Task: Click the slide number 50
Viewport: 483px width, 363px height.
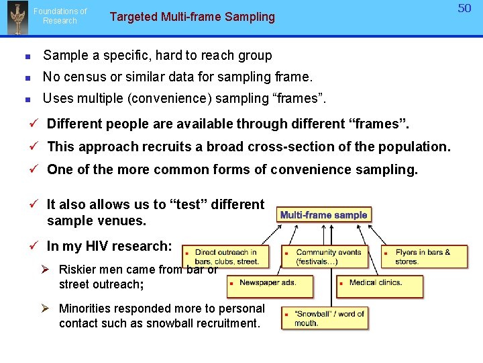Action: [465, 8]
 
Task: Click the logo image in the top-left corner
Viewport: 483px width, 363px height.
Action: [17, 18]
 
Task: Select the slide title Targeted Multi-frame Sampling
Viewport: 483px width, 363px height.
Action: [192, 17]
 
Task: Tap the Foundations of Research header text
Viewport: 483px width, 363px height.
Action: [60, 16]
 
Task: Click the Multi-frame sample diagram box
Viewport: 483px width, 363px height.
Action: [323, 215]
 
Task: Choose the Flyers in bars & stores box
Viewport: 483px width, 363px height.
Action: [424, 257]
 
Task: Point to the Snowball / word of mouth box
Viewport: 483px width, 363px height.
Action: [324, 318]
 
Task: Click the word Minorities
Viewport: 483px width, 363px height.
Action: [89, 309]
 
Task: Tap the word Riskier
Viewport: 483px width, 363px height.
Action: [80, 270]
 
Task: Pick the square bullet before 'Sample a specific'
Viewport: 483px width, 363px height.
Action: [26, 56]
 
